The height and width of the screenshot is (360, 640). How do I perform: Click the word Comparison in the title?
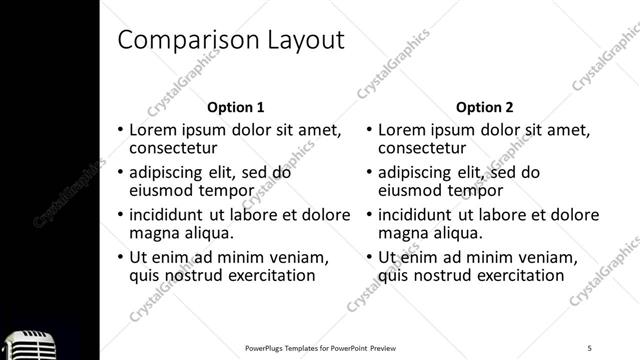(184, 40)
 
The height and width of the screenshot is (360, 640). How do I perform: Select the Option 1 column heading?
(236, 107)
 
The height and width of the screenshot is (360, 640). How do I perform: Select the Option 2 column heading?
(485, 107)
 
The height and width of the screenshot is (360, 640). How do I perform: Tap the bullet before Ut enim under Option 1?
(121, 257)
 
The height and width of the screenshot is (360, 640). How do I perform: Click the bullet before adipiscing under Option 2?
(370, 172)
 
